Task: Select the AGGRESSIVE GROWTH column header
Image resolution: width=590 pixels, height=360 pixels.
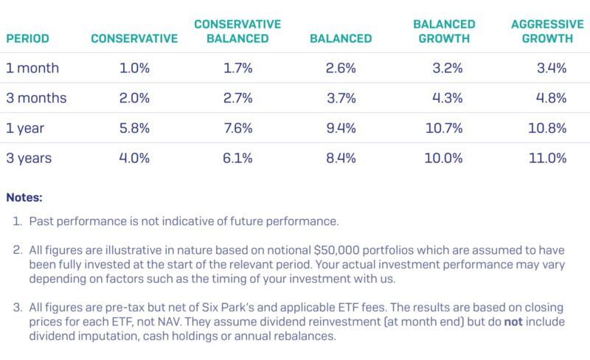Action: (542, 31)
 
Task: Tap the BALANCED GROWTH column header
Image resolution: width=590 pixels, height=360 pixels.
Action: (444, 31)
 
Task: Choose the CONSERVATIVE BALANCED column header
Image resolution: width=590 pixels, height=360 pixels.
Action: (237, 31)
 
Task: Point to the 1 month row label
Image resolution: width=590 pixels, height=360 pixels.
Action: (32, 69)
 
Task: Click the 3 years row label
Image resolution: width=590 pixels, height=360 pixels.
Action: (29, 158)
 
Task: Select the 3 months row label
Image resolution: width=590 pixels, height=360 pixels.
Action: (35, 98)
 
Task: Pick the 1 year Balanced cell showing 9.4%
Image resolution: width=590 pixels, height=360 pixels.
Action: (341, 128)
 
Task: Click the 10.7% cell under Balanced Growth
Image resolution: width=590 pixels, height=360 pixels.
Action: (444, 128)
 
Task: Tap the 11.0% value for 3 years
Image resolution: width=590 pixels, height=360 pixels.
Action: (547, 158)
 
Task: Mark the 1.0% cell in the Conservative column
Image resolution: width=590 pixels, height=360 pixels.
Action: (134, 69)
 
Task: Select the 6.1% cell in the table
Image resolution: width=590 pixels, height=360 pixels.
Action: (237, 158)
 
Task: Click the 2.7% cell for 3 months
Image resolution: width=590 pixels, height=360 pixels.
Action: (237, 98)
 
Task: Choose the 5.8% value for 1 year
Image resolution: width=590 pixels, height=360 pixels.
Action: (134, 128)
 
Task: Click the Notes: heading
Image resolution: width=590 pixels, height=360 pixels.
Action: (24, 198)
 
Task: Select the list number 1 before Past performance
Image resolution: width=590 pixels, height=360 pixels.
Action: (18, 221)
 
